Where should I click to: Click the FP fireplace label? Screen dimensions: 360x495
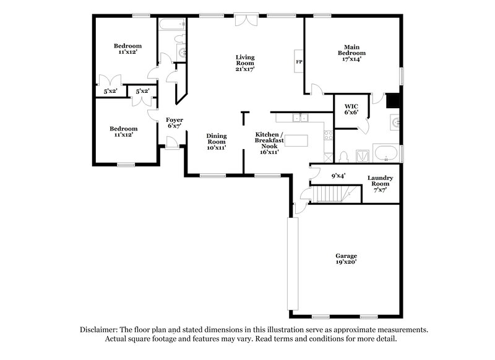298,62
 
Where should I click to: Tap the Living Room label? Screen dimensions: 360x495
244,63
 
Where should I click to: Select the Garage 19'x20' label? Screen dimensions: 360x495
346,259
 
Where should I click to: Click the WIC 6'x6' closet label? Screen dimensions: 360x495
351,109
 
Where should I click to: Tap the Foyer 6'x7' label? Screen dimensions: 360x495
174,122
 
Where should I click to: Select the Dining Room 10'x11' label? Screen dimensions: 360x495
217,142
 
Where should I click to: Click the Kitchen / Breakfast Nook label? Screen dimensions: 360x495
270,142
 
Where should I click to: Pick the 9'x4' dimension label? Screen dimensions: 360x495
338,176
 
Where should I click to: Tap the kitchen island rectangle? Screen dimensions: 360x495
296,141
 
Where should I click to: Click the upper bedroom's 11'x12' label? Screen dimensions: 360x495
127,49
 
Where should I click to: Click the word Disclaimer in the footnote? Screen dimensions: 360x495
100,329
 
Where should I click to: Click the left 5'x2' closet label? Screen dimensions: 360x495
111,92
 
